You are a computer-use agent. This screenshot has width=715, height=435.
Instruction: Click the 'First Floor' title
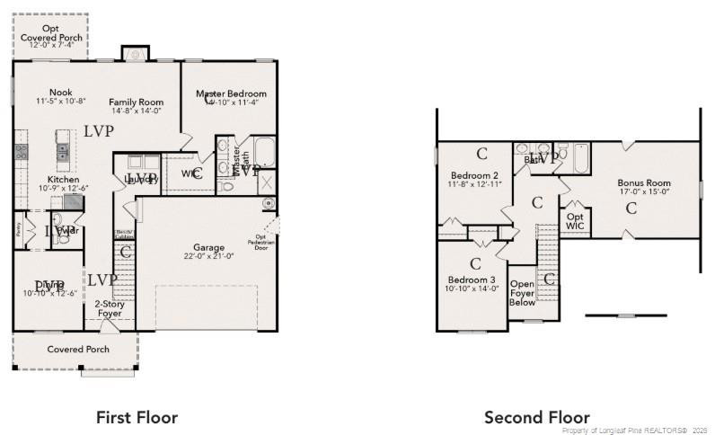[137, 417]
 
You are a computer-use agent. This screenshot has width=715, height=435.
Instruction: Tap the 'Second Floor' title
[537, 417]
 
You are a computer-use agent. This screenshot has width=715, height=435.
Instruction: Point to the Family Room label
[136, 102]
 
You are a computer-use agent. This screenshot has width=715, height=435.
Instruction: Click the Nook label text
[61, 92]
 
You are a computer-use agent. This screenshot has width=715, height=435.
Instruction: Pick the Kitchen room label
[63, 179]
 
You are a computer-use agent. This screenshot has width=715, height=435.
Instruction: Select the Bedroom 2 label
[475, 175]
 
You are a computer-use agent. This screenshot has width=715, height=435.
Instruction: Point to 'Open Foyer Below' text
[522, 291]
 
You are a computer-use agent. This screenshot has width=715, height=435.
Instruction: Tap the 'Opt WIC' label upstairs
[575, 220]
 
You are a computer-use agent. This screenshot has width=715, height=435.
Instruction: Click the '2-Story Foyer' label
[109, 308]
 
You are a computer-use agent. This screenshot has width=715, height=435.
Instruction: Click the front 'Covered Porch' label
[78, 349]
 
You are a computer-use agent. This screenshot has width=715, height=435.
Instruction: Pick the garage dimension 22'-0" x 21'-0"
[209, 256]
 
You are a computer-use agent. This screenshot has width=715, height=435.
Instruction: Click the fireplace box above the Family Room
[135, 54]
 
